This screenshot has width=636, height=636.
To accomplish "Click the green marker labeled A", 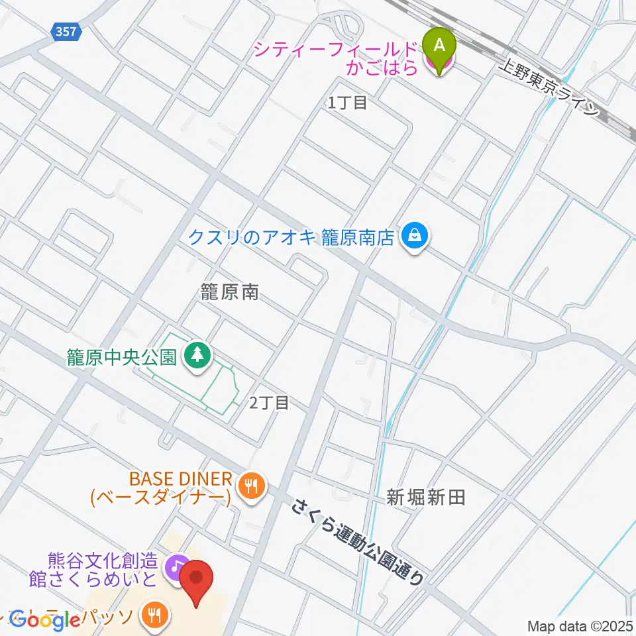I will (x=439, y=45).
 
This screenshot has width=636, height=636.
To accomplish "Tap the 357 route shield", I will (x=66, y=30).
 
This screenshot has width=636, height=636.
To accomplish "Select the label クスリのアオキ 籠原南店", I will (x=291, y=237).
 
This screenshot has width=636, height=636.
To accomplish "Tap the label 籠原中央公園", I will (x=121, y=358).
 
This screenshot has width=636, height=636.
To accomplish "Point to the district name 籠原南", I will (x=230, y=292).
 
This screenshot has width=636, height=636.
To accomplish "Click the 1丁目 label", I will (x=347, y=103).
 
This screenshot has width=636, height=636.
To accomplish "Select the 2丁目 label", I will (x=269, y=402).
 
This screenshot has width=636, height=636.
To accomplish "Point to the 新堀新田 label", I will (x=427, y=497).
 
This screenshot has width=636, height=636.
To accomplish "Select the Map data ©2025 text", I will (x=580, y=625).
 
